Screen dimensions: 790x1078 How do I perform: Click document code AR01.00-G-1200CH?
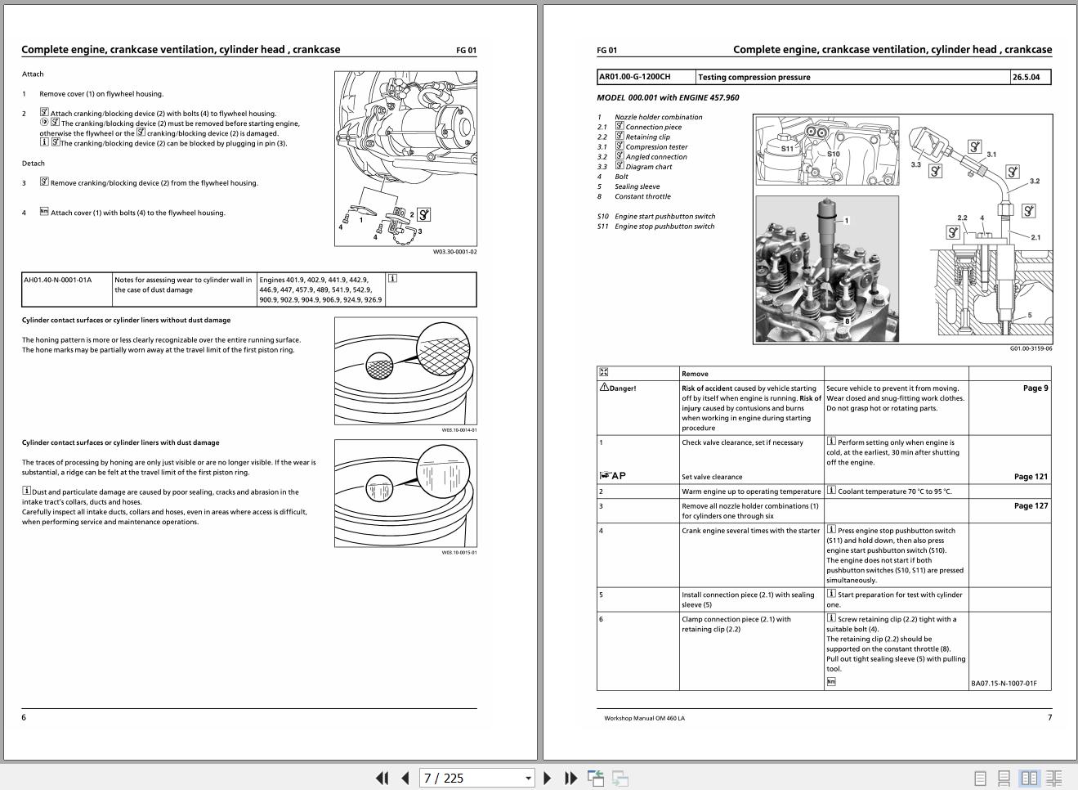(x=635, y=77)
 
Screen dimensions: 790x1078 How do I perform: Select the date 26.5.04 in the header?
(x=1026, y=77)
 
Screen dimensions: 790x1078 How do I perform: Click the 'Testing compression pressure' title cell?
(x=754, y=77)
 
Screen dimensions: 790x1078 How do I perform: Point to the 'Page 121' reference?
(x=1031, y=477)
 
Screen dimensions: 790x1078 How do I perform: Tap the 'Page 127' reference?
(x=1031, y=505)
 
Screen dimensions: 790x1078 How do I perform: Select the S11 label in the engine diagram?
(x=787, y=149)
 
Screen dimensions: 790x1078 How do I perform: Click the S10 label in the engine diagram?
(x=833, y=154)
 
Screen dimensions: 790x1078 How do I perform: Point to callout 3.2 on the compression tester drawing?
(x=1034, y=181)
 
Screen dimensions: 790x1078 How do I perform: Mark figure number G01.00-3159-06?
(x=1031, y=348)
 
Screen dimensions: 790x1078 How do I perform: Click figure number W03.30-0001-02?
(x=454, y=252)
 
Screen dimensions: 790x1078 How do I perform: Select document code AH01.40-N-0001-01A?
(x=58, y=280)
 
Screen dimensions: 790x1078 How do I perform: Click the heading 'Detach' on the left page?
(x=34, y=164)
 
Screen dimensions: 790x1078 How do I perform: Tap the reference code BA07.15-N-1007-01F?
(x=1004, y=683)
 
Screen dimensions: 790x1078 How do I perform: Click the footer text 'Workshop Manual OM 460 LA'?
(x=644, y=718)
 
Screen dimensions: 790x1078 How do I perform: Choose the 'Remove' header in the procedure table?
(x=695, y=374)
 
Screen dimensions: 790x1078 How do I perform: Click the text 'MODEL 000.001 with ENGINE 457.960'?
(x=668, y=97)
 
